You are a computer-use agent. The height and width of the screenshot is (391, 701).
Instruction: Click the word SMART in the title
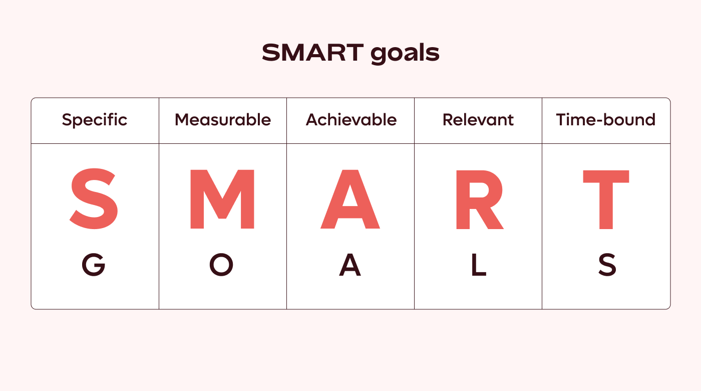click(x=313, y=52)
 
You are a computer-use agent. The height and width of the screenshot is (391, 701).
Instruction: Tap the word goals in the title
click(x=405, y=53)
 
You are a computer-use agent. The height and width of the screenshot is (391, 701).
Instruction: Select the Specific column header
click(x=95, y=120)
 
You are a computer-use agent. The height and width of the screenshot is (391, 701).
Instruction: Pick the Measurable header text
click(x=223, y=120)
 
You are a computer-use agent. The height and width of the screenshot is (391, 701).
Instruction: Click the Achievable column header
click(x=351, y=120)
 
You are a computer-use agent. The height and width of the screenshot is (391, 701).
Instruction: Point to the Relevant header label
click(x=478, y=120)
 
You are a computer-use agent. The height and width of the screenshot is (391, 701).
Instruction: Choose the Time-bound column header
click(x=606, y=120)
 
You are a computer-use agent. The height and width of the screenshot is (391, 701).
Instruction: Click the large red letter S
click(x=94, y=199)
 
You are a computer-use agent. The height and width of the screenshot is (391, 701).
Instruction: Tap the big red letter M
click(x=222, y=199)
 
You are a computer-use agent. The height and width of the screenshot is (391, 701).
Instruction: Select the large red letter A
click(x=350, y=199)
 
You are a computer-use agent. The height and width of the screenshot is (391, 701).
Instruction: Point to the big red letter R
click(x=479, y=199)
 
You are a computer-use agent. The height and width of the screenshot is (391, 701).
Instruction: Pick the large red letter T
click(x=606, y=199)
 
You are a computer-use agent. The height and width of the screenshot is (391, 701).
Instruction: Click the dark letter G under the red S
click(x=94, y=265)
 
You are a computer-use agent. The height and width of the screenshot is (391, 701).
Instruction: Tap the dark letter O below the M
click(x=221, y=265)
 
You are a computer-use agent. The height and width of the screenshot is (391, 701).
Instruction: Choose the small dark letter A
click(x=350, y=265)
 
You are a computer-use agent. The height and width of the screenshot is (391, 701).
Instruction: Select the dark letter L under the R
click(x=479, y=265)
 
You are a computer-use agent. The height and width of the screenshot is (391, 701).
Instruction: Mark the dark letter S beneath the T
click(x=607, y=265)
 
